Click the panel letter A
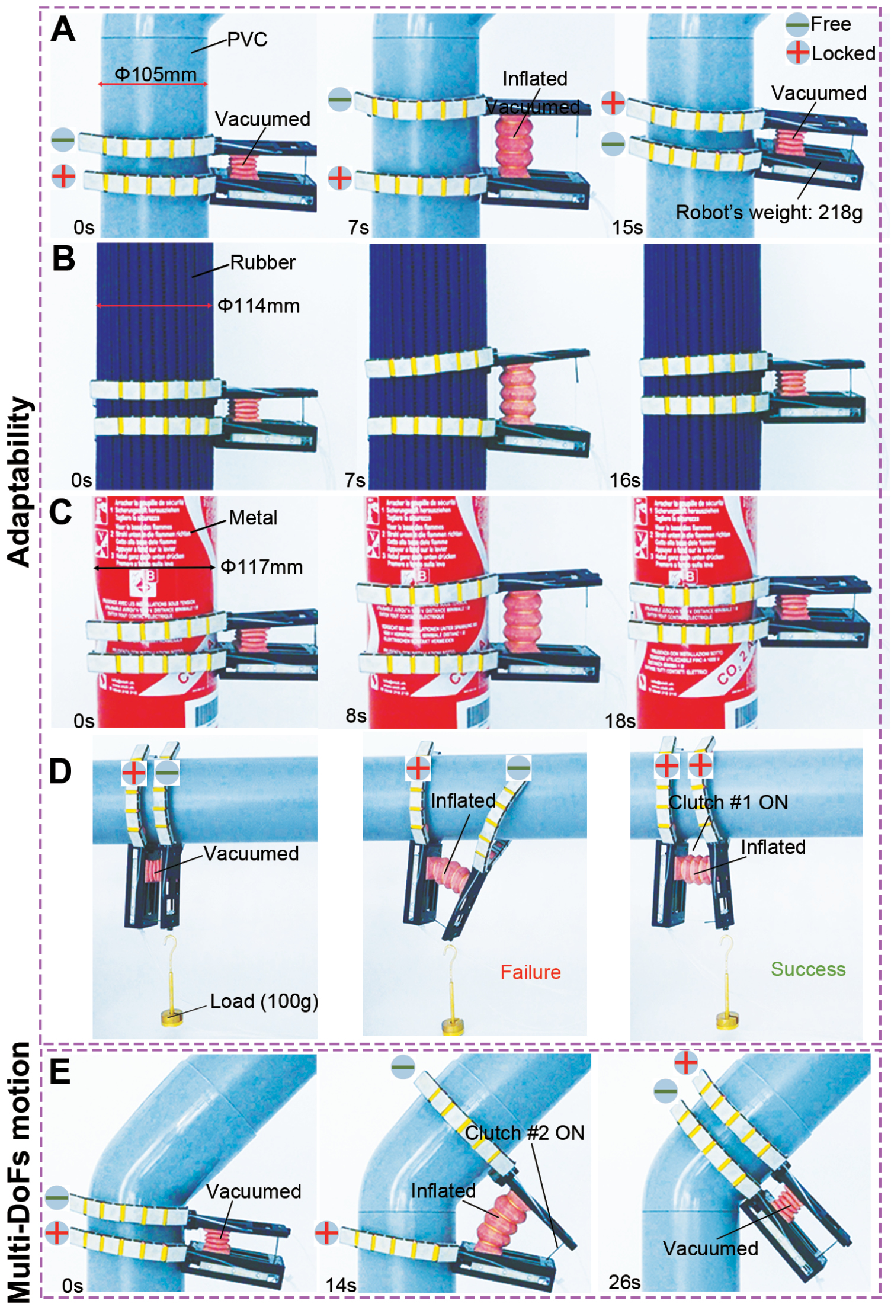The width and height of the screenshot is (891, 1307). [x=63, y=30]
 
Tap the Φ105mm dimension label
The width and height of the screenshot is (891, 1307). [x=155, y=75]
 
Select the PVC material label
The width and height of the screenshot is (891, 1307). [x=247, y=40]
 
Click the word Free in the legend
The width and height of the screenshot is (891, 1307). [x=831, y=24]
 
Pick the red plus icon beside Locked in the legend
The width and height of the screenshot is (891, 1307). [x=797, y=52]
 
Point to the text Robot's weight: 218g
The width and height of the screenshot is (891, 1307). [x=768, y=212]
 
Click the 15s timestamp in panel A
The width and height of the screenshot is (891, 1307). [x=627, y=227]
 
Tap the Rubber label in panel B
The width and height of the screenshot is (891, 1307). [x=262, y=262]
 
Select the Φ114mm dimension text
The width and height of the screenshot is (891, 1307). [x=258, y=306]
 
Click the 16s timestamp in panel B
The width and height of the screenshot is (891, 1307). [x=625, y=480]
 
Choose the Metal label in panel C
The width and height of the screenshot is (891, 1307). [x=253, y=518]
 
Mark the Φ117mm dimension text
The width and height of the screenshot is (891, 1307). [x=261, y=567]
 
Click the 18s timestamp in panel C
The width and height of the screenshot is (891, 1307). [x=620, y=721]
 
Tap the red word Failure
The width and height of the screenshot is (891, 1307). [x=530, y=972]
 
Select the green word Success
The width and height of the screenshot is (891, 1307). [x=808, y=969]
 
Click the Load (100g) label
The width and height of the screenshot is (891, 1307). [x=264, y=1001]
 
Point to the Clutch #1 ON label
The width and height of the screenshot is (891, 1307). [x=728, y=802]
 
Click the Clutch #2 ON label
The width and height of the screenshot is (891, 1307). [x=524, y=1133]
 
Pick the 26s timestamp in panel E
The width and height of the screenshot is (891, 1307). [x=624, y=1282]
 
